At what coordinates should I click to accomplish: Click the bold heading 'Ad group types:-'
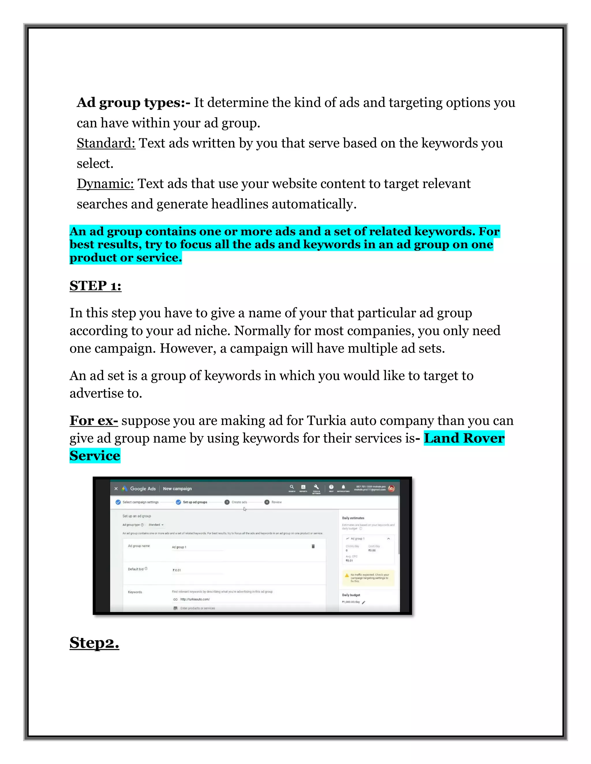pyautogui.click(x=133, y=103)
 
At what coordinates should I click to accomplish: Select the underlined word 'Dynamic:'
pyautogui.click(x=105, y=184)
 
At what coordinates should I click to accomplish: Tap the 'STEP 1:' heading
pyautogui.click(x=95, y=286)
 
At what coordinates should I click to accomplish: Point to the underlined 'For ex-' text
pyautogui.click(x=93, y=420)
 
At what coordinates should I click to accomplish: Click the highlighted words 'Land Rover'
pyautogui.click(x=464, y=438)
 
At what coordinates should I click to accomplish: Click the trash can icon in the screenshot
pyautogui.click(x=313, y=546)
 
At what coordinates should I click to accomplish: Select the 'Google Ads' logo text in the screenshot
pyautogui.click(x=143, y=489)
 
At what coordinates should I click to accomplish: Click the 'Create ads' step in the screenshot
pyautogui.click(x=239, y=502)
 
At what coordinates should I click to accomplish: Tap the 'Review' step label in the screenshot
pyautogui.click(x=276, y=502)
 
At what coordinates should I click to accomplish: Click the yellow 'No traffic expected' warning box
pyautogui.click(x=368, y=577)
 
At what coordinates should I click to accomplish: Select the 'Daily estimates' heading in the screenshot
pyautogui.click(x=353, y=518)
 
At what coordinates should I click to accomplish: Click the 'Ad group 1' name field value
pyautogui.click(x=179, y=547)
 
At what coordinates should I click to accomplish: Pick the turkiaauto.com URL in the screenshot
pyautogui.click(x=195, y=599)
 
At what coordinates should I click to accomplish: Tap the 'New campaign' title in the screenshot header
pyautogui.click(x=177, y=489)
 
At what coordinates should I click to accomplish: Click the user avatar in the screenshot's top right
pyautogui.click(x=391, y=488)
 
